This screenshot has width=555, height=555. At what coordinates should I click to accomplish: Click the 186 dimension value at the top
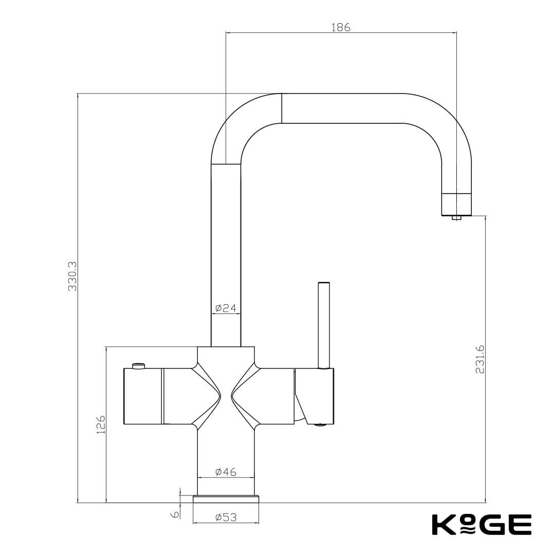tap(341, 28)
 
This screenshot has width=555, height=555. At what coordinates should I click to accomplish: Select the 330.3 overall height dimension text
tap(72, 276)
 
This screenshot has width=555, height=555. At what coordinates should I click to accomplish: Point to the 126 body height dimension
tap(101, 425)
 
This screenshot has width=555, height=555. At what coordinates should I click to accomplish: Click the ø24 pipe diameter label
tap(226, 308)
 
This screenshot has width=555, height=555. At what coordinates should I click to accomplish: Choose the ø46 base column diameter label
tap(226, 472)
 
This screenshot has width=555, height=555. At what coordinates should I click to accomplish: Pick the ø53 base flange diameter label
tap(226, 517)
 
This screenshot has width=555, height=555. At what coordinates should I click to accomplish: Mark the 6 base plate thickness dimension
tap(175, 514)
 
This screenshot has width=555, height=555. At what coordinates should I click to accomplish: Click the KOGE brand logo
tap(482, 524)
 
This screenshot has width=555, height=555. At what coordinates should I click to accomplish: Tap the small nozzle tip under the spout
tap(457, 218)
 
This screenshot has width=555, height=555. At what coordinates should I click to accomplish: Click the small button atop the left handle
tap(139, 365)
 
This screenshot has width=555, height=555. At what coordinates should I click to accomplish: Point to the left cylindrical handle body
tap(143, 396)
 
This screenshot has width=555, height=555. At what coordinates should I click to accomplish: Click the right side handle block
tap(314, 396)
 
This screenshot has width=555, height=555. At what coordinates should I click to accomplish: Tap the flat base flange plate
tap(226, 499)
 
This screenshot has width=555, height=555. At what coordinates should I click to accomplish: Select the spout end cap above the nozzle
tap(457, 204)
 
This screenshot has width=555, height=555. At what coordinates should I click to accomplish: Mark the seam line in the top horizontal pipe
tap(282, 108)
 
